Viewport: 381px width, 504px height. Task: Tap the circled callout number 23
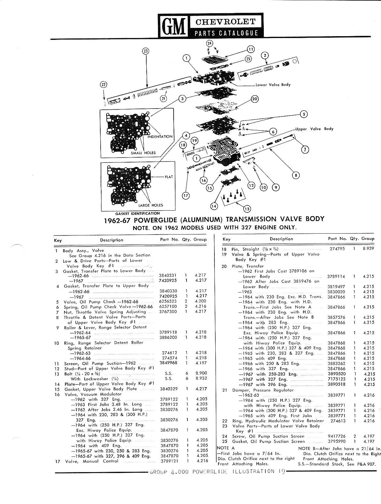tap(146, 51)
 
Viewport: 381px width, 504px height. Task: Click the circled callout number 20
tap(255, 99)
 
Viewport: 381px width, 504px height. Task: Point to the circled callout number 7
tap(305, 149)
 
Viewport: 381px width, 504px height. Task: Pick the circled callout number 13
tap(247, 208)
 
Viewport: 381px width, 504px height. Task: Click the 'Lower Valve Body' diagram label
tap(273, 85)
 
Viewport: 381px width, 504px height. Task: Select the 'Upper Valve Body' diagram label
tap(314, 129)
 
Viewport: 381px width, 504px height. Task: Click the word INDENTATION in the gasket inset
tap(160, 136)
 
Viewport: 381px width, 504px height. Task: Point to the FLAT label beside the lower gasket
tap(169, 177)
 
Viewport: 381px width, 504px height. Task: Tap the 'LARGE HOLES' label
tap(151, 205)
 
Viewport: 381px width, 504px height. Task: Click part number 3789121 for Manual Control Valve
tap(169, 461)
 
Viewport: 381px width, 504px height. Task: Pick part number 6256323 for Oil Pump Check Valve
tap(168, 301)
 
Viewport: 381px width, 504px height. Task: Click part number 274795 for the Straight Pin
tap(337, 249)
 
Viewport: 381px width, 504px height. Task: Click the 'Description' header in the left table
tap(111, 240)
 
